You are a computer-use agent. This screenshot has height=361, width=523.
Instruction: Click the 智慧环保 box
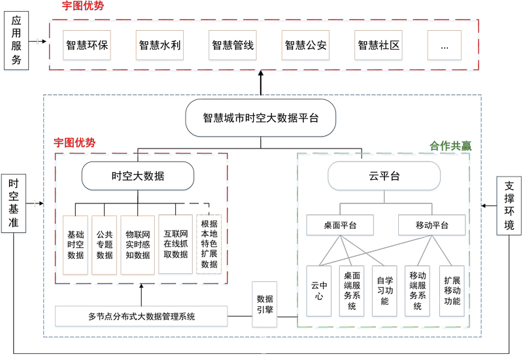tap(87, 45)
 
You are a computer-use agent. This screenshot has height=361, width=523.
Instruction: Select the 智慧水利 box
tap(160, 45)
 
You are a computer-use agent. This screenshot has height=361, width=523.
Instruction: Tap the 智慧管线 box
tap(233, 45)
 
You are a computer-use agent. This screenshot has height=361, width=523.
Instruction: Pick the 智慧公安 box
tap(305, 45)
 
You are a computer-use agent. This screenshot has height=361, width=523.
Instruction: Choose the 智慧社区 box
tap(379, 45)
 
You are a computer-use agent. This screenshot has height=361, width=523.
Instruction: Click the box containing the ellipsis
tap(445, 45)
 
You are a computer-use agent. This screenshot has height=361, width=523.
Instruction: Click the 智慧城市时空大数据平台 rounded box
tap(260, 118)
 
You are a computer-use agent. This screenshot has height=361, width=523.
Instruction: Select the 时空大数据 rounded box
tap(138, 176)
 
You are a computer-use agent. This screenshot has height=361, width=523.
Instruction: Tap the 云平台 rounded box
tap(384, 176)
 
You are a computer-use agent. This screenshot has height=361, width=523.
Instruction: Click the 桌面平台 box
tap(340, 226)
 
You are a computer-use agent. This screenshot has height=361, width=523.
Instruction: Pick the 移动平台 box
tap(432, 226)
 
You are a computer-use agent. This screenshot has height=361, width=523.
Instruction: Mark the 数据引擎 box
tap(265, 303)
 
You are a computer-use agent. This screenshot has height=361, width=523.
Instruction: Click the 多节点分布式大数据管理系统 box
tap(141, 317)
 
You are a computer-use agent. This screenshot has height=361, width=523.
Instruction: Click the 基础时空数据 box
tap(75, 245)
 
